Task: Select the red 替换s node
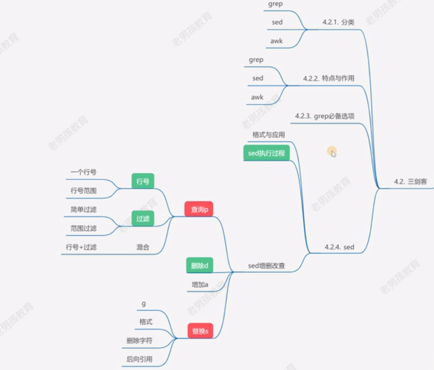(200, 330)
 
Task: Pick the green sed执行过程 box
(266, 153)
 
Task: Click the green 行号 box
(143, 181)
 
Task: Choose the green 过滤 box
(143, 218)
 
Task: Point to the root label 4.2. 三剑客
(410, 181)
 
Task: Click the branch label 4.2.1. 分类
(338, 22)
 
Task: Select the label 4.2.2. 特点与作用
(329, 78)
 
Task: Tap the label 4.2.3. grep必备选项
(325, 116)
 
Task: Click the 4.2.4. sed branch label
(339, 247)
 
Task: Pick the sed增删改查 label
(266, 266)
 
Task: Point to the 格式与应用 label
(268, 134)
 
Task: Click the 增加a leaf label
(200, 285)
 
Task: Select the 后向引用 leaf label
(139, 359)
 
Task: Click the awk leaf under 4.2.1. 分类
(277, 41)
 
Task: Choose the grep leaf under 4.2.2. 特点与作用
(256, 59)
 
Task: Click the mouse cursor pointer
(333, 153)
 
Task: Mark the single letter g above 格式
(144, 304)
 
